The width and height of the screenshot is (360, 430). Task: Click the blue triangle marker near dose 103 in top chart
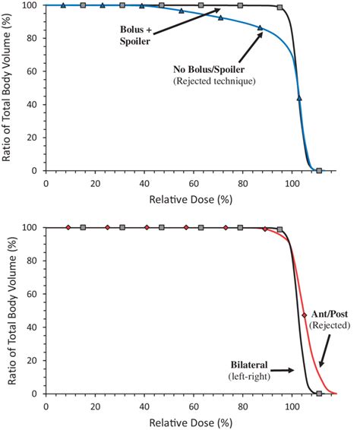click(x=299, y=98)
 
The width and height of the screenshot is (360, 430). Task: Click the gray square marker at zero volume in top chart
click(x=319, y=171)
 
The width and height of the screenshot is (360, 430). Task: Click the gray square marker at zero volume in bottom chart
click(x=319, y=394)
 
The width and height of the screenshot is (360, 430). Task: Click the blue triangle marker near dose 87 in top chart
click(x=261, y=28)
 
